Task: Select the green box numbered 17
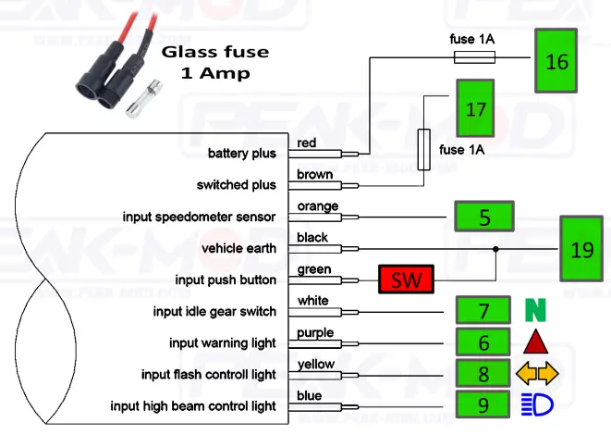(x=476, y=109)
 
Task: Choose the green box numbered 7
(x=483, y=310)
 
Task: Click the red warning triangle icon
(x=537, y=342)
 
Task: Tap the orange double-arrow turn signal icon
(x=537, y=373)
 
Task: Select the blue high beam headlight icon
(x=537, y=405)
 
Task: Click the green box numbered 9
(x=483, y=405)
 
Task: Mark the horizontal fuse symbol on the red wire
(x=473, y=57)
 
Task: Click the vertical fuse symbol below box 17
(x=424, y=149)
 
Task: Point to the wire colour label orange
(x=317, y=205)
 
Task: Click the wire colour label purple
(x=315, y=332)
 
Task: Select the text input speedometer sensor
(x=199, y=217)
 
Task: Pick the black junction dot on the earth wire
(x=496, y=249)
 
